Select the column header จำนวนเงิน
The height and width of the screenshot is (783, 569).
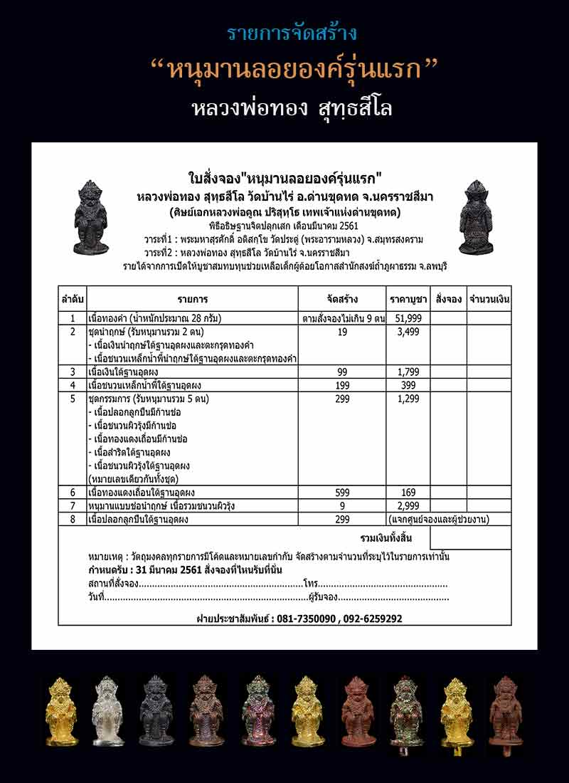pyautogui.click(x=489, y=299)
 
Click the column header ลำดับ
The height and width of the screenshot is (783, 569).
pyautogui.click(x=73, y=299)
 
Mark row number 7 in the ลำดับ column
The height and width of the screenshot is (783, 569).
pyautogui.click(x=73, y=505)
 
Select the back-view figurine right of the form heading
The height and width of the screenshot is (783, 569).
pyautogui.click(x=477, y=217)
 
